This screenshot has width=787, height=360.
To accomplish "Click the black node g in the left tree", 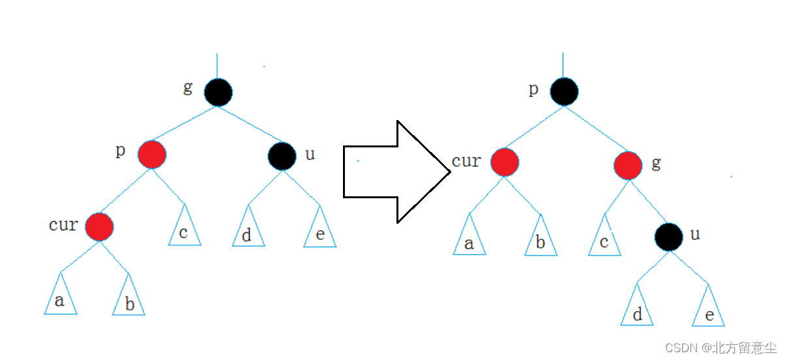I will tap(218, 93).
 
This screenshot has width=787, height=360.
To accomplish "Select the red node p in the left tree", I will tap(152, 155).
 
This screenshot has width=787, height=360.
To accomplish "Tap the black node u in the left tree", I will tap(282, 155).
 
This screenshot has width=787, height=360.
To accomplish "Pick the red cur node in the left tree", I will tap(100, 226).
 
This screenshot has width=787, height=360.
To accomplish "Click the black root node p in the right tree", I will tap(563, 91).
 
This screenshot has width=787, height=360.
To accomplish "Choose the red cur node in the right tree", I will tap(505, 162).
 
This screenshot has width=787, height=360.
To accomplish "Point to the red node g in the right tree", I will tap(628, 165).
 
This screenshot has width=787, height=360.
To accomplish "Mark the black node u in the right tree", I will tap(669, 237).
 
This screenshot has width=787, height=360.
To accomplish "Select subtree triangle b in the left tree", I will tap(129, 302).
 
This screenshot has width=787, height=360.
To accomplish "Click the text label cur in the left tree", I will tap(63, 225).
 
